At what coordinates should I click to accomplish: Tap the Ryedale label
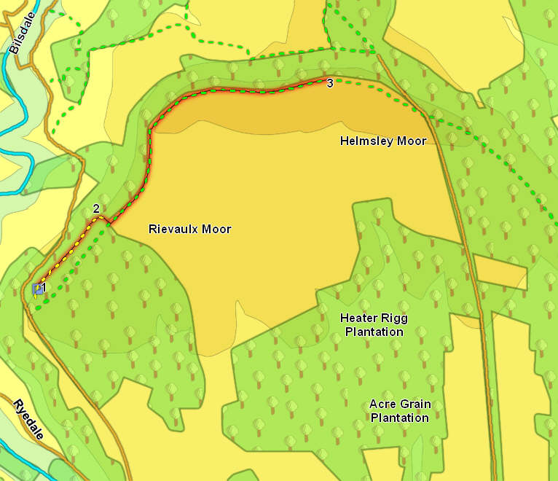click(x=28, y=420)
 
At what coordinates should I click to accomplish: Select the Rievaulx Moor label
click(x=189, y=229)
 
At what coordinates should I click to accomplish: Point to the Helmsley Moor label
click(x=383, y=141)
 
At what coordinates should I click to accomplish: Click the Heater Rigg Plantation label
click(x=374, y=325)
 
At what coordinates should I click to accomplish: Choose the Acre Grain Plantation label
click(x=399, y=411)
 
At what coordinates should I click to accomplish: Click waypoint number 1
click(x=44, y=288)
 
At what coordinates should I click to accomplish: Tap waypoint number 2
click(x=96, y=209)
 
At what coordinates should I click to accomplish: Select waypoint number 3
click(x=330, y=84)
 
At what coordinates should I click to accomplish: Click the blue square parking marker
click(x=36, y=289)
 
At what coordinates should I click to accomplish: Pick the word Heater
click(x=358, y=318)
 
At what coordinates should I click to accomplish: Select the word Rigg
click(x=394, y=318)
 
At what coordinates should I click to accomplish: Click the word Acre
click(x=382, y=404)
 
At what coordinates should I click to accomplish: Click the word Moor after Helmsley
click(x=412, y=141)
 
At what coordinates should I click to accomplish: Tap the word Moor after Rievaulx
click(x=217, y=229)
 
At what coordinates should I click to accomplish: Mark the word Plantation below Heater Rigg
click(x=374, y=332)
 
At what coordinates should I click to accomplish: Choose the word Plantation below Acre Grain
click(x=399, y=418)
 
